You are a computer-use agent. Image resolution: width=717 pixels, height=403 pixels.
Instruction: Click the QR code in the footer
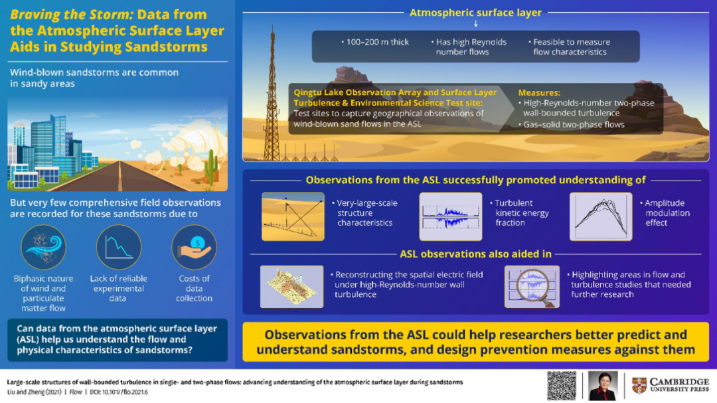point(562,386)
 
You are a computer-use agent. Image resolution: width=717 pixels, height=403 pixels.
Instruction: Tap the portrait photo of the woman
point(603,386)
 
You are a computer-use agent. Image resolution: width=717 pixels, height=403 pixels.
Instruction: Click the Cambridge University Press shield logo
point(639,386)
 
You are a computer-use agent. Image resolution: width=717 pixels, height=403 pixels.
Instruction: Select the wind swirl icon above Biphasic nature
point(43,247)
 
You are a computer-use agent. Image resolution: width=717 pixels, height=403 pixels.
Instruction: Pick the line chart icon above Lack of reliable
point(119,247)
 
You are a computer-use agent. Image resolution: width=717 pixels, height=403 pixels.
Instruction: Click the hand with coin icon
point(195,247)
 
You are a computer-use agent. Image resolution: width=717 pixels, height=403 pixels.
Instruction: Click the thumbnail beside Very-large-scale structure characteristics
point(293,216)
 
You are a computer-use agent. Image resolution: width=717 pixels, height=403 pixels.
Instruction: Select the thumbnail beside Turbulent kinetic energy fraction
point(451,216)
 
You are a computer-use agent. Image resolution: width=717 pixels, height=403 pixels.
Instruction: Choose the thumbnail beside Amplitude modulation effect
point(601,216)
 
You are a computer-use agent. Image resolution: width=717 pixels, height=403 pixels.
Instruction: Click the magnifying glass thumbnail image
point(532,286)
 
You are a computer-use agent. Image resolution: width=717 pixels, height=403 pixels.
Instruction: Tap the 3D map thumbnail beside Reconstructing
point(291,286)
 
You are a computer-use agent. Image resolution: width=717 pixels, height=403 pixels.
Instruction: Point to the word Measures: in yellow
point(539,92)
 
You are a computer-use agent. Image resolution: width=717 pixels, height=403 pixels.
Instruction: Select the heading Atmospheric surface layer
point(475,13)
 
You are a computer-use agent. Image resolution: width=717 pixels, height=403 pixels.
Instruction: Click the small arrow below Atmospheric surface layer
point(476,23)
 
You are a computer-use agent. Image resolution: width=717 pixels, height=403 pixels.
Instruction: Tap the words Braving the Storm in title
point(71,15)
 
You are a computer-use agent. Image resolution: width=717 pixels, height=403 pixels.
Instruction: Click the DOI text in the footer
point(119,392)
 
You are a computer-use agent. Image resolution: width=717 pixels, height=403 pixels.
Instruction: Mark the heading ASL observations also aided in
point(475,254)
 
